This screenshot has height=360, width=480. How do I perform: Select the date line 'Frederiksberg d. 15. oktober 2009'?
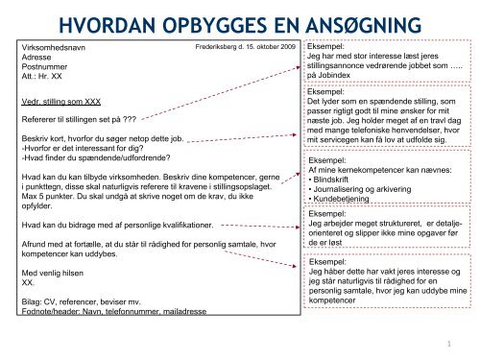245,45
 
